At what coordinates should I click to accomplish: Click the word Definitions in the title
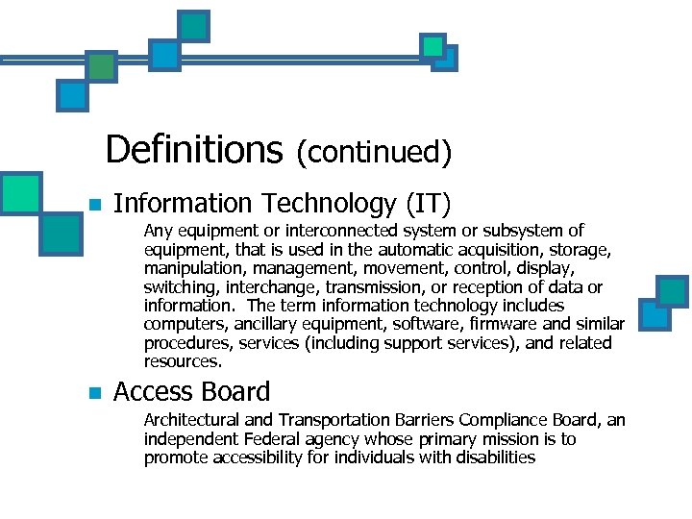point(193,149)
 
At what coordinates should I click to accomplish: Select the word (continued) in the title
point(373,151)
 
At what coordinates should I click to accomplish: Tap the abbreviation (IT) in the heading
point(428,204)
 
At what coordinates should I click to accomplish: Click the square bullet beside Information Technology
point(94,205)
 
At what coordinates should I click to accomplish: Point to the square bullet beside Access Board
point(94,392)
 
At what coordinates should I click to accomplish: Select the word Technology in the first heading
point(330,204)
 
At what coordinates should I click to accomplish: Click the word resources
point(183,362)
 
